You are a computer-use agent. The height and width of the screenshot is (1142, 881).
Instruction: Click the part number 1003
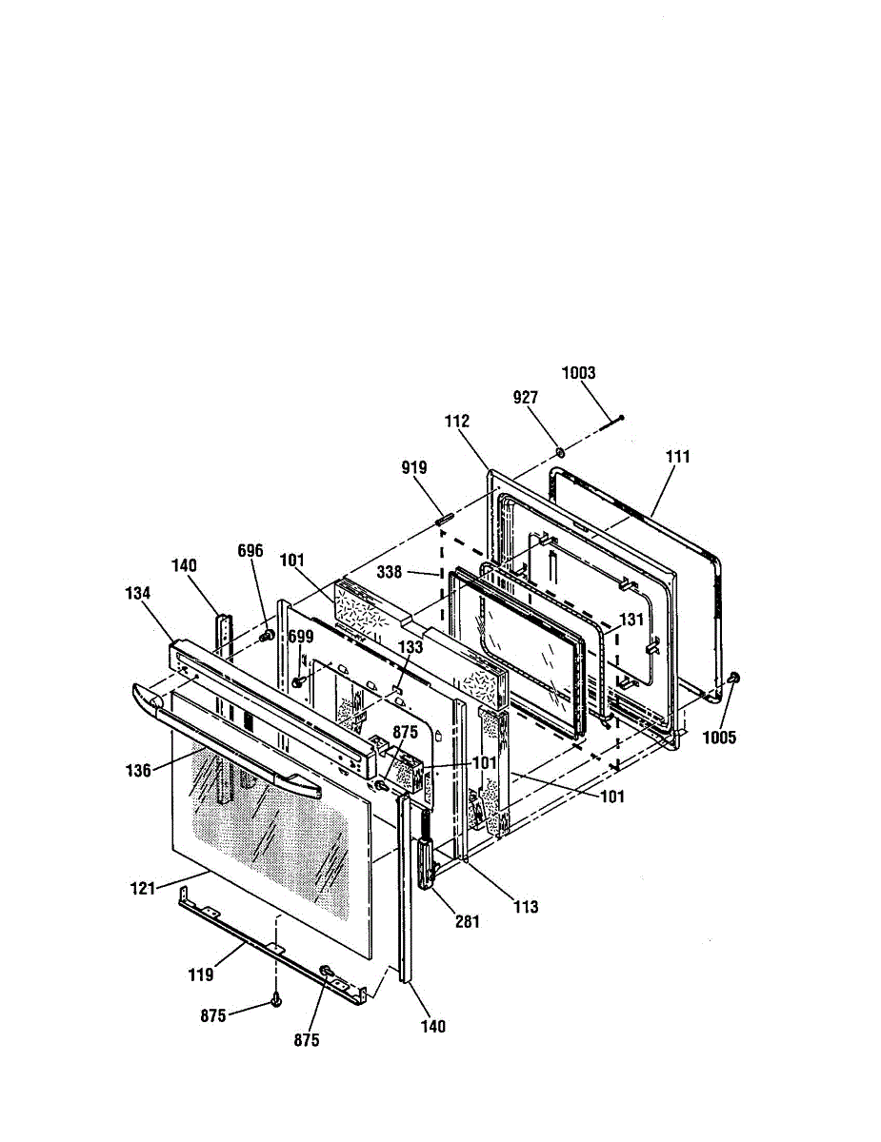point(578,373)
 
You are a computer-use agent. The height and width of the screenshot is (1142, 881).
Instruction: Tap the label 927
point(526,397)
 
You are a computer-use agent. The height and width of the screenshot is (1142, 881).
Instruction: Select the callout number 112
point(456,421)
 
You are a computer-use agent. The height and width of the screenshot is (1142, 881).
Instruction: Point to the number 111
point(678,457)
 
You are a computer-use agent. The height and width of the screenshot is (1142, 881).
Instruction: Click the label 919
point(414,467)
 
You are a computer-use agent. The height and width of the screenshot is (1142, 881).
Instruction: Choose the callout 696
point(250,551)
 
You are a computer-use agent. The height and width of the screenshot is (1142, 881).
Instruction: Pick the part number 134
point(137,593)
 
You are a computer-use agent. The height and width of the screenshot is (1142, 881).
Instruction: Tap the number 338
point(390,572)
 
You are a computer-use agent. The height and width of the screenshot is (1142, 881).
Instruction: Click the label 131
point(631,620)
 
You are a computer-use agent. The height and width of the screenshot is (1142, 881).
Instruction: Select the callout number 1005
point(719,738)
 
